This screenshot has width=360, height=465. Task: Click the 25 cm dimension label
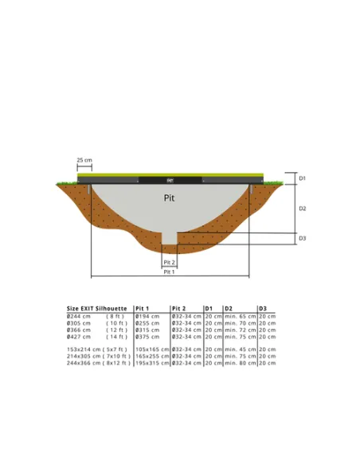84,161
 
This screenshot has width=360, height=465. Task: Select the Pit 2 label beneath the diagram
169,262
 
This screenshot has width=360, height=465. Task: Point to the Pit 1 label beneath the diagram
169,272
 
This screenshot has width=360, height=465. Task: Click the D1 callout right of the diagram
302,178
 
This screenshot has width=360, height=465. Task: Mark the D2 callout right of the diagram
302,208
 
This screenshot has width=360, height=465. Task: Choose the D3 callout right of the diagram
302,238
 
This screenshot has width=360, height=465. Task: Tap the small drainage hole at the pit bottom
169,237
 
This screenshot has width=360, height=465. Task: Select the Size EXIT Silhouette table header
96,307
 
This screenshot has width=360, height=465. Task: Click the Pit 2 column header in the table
178,307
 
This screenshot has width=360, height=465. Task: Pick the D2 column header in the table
229,307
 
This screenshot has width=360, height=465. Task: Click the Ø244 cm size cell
79,316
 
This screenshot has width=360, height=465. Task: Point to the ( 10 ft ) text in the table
117,322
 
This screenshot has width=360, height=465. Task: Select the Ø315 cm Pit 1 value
147,330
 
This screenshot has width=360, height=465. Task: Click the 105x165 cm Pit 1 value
152,349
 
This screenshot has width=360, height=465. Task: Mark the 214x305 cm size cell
84,356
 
